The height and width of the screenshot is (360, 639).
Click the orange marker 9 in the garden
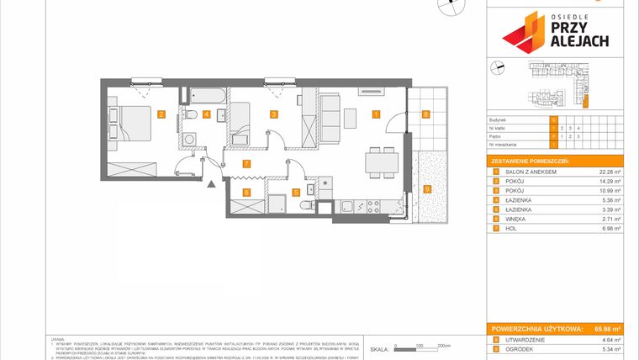(x=428, y=189)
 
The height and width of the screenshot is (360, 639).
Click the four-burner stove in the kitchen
(x=372, y=206)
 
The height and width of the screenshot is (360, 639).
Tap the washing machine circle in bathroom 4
(x=191, y=140)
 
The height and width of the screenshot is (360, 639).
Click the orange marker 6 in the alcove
(x=246, y=193)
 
